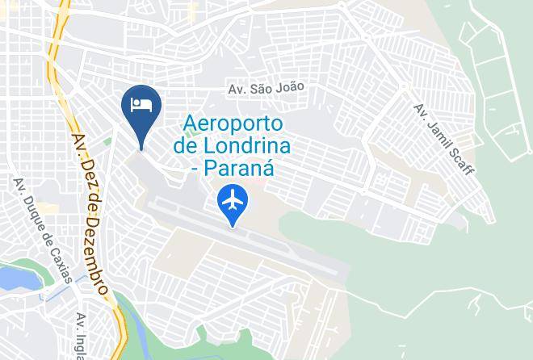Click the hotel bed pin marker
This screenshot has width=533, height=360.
point(141,107)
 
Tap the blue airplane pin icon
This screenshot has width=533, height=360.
point(233,201)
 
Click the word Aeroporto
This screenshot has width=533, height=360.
point(233,124)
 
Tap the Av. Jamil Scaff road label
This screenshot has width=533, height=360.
point(444,139)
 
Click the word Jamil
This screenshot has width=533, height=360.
point(441,135)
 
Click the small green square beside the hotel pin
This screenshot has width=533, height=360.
point(107,143)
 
